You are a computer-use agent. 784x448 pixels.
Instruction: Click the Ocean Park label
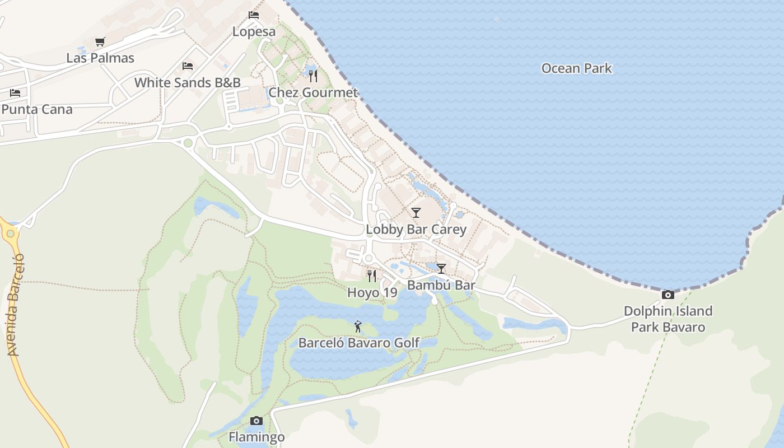[576, 68]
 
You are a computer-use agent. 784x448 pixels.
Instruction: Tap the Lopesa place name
[254, 31]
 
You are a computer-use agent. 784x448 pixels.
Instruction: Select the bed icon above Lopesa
[254, 15]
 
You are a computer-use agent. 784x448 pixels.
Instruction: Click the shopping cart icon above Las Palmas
[100, 41]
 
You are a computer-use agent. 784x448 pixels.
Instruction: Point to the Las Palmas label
[100, 58]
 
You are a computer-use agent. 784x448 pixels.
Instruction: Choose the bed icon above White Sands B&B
[188, 66]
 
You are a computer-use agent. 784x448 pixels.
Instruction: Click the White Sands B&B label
[188, 83]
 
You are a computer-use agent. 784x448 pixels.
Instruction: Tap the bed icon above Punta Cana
[15, 92]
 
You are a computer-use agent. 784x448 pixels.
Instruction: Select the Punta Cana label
[37, 109]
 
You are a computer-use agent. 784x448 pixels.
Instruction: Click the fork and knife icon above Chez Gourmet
[313, 76]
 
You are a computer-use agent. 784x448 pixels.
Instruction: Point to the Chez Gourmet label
[313, 92]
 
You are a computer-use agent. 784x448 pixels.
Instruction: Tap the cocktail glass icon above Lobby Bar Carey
[416, 213]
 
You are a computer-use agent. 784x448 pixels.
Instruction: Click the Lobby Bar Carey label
[416, 230]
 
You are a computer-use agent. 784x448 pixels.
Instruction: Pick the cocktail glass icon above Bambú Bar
[441, 269]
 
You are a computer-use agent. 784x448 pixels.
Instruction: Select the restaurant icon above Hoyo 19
[372, 276]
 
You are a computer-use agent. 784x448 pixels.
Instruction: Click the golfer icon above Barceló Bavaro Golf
[358, 326]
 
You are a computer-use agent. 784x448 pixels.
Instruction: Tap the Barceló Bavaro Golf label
[358, 343]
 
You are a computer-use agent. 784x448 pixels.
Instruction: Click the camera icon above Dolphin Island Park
[668, 295]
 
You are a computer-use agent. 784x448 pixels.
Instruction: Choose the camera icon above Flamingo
[256, 421]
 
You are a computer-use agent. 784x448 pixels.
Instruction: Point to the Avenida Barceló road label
[16, 305]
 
